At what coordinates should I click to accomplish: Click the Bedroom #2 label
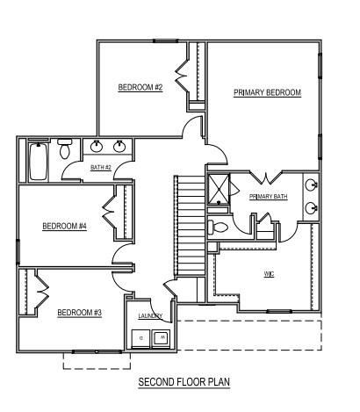(x=140, y=87)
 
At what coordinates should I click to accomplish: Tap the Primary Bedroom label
(x=267, y=92)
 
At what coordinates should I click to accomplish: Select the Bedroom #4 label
(x=65, y=226)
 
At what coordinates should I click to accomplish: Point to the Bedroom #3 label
(x=79, y=313)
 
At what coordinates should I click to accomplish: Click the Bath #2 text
(x=101, y=168)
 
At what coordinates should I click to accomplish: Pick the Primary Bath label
(x=268, y=197)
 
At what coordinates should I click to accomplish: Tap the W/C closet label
(x=269, y=274)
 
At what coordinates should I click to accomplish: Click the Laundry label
(x=150, y=315)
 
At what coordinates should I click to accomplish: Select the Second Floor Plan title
(x=184, y=382)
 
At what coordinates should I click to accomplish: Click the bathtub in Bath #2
(x=38, y=161)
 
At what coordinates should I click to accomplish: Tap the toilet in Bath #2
(x=64, y=148)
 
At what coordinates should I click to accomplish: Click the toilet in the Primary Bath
(x=218, y=227)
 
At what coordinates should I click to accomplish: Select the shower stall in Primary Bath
(x=219, y=189)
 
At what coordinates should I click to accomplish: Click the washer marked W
(x=161, y=338)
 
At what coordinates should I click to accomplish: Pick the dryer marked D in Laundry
(x=141, y=338)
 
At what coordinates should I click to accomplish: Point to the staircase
(x=190, y=226)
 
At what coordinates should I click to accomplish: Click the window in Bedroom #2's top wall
(x=166, y=41)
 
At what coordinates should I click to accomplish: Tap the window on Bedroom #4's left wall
(x=18, y=251)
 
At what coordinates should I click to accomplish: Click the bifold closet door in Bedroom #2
(x=182, y=76)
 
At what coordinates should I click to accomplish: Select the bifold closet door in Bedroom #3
(x=42, y=292)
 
